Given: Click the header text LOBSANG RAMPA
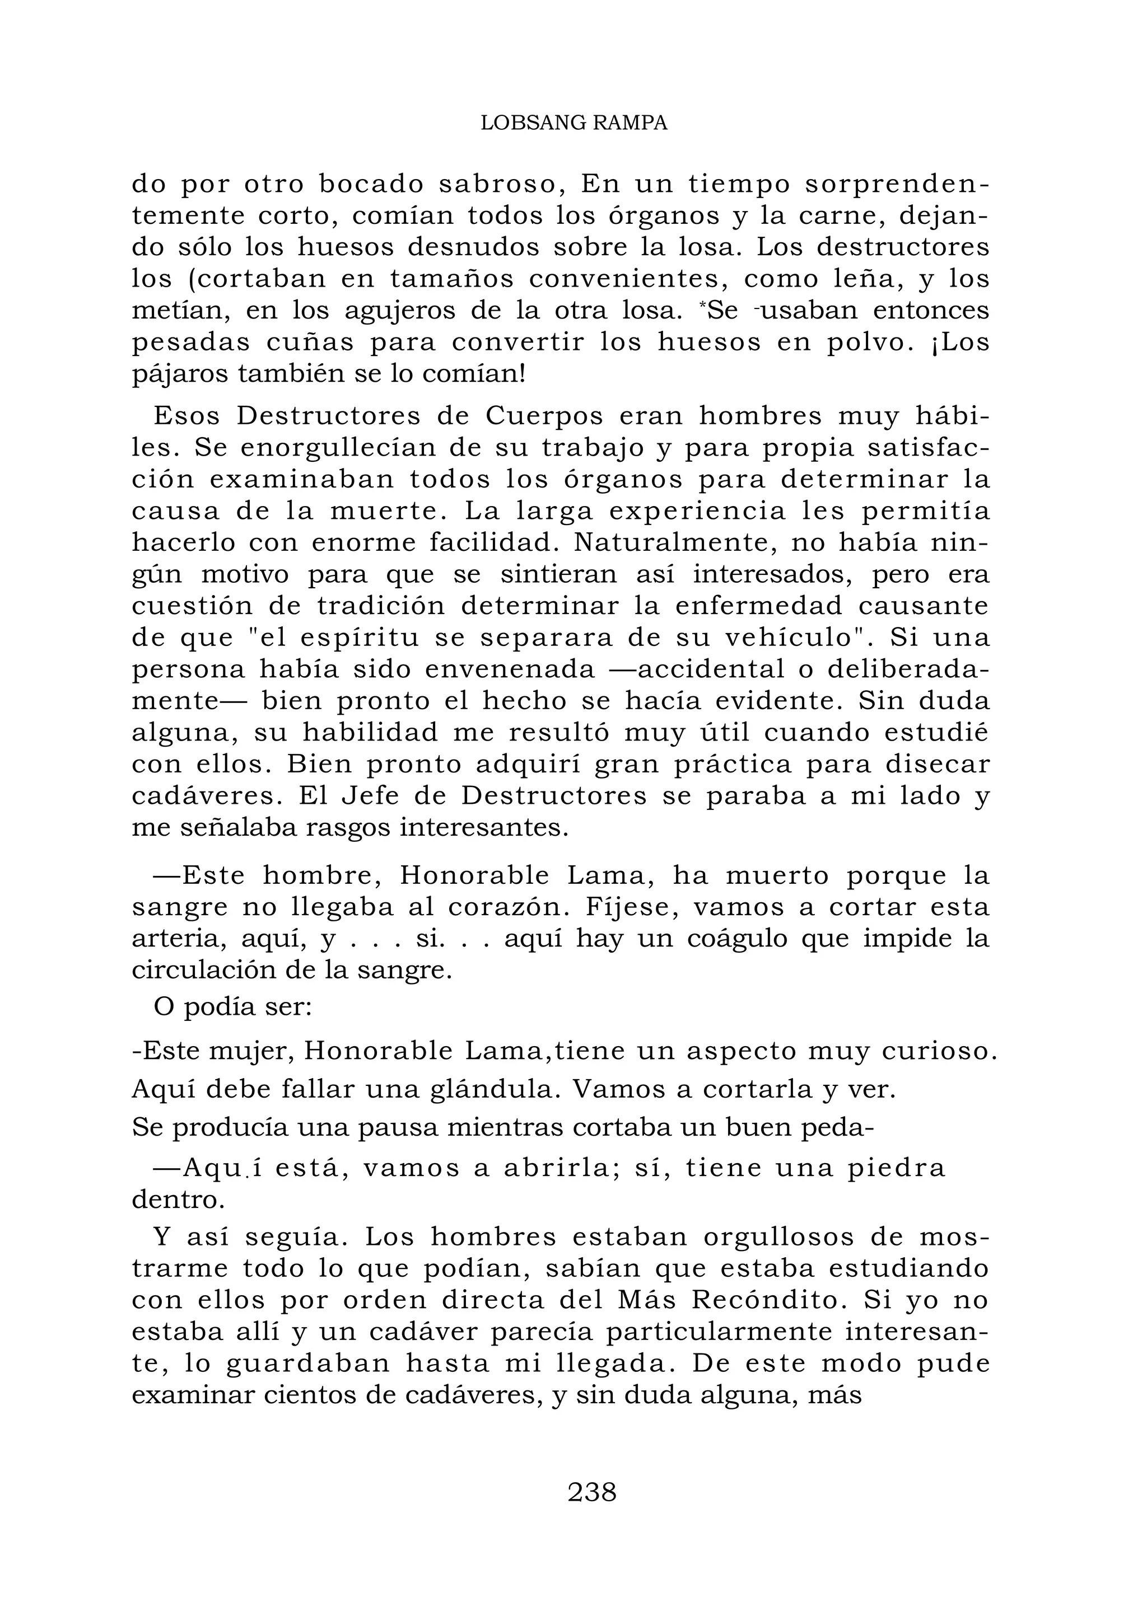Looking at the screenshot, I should point(573,124).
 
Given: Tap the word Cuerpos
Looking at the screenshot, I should point(544,416).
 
